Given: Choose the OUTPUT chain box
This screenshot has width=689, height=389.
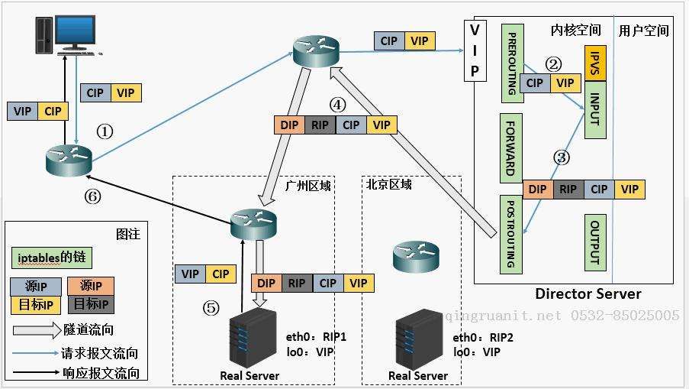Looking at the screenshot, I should [x=595, y=242].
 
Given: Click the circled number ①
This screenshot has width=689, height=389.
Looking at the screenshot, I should [x=105, y=131].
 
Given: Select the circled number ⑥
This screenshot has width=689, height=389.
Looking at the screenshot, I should [x=92, y=196].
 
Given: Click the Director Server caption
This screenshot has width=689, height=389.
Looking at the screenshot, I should [x=588, y=294].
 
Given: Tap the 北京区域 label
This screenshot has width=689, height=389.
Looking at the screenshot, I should [x=388, y=184].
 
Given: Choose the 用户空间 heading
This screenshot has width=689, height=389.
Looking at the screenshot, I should [x=643, y=31].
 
